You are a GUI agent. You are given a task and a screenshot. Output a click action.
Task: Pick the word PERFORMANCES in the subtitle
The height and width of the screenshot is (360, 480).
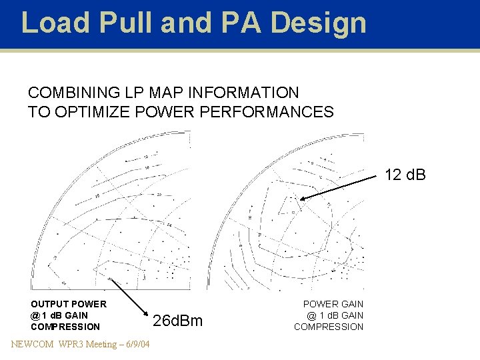[272, 111]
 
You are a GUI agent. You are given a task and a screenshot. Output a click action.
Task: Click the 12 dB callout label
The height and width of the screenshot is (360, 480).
[405, 176]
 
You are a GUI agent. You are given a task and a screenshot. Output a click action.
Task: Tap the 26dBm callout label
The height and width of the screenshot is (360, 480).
[178, 321]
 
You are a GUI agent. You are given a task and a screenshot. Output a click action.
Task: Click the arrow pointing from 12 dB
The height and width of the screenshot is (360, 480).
[340, 187]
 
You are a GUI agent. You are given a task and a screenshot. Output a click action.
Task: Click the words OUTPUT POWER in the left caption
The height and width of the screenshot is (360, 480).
[69, 305]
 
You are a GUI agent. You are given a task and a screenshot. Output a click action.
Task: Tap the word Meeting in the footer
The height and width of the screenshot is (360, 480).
[99, 344]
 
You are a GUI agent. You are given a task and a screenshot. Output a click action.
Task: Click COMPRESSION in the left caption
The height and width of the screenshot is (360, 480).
[65, 327]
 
